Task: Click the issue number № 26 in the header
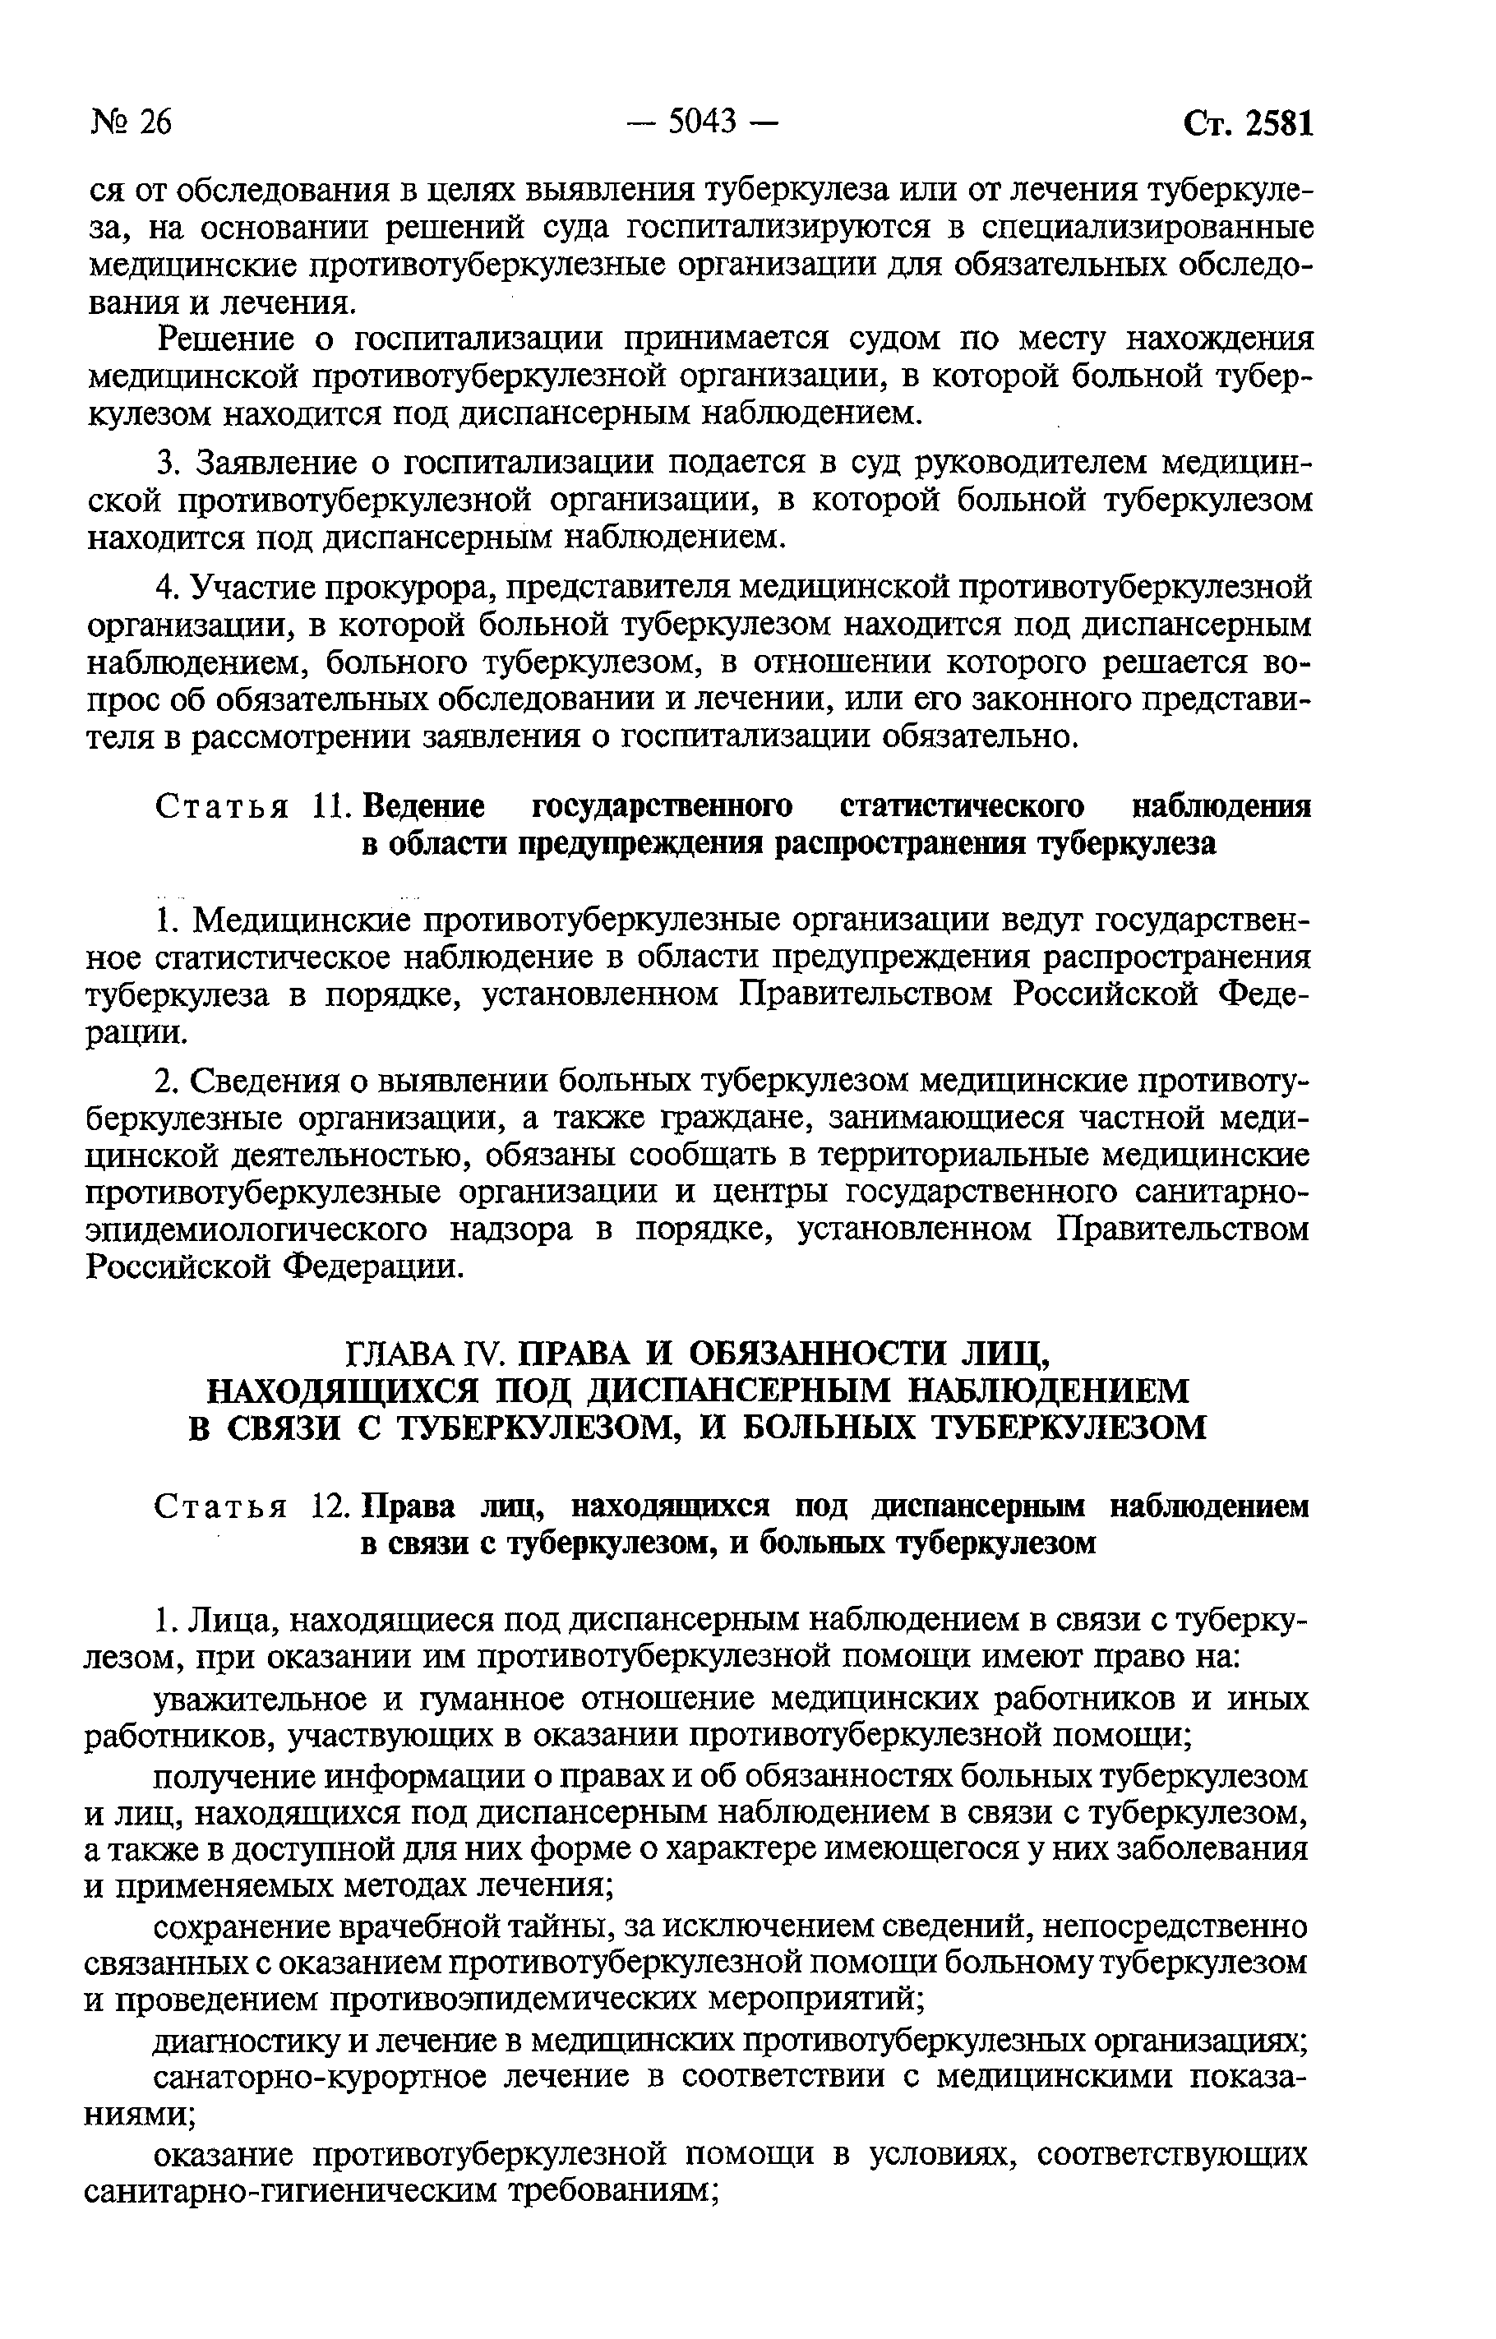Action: pyautogui.click(x=132, y=122)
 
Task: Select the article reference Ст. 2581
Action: pyautogui.click(x=1249, y=123)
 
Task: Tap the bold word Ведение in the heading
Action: pyautogui.click(x=422, y=807)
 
